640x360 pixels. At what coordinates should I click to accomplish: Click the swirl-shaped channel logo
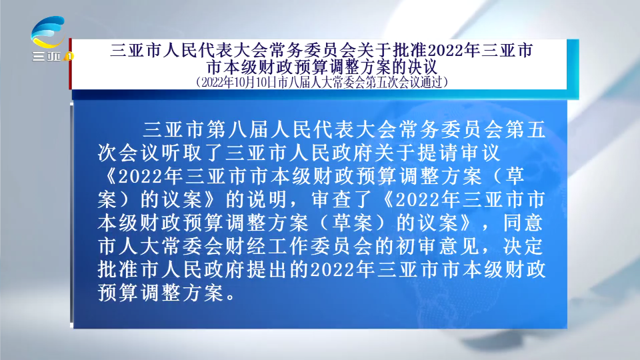point(48,32)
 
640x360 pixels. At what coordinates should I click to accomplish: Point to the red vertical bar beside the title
point(70,64)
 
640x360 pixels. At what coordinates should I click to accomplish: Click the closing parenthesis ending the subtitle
point(446,83)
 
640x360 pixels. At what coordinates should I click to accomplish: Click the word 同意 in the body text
point(523,223)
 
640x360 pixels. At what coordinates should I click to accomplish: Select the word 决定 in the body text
point(523,246)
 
